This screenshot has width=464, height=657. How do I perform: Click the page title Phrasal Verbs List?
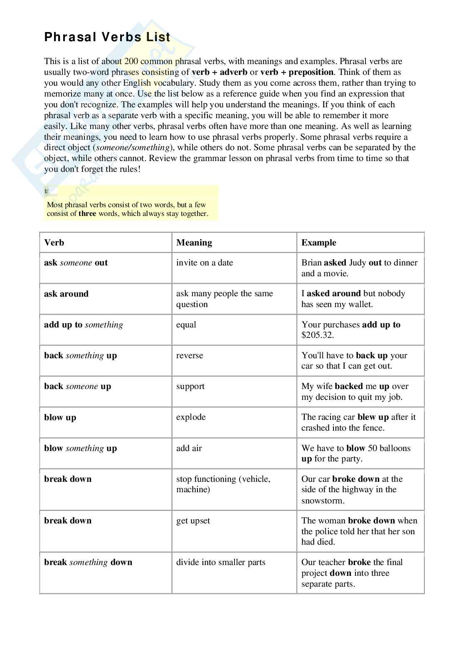click(x=107, y=37)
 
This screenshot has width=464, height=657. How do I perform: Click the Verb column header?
click(x=54, y=243)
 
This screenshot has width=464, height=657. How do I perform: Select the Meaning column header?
click(x=194, y=243)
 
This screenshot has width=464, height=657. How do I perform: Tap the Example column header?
click(x=318, y=243)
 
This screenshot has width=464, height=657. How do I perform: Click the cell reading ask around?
click(x=66, y=294)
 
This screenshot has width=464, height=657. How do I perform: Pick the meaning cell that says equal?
click(x=186, y=325)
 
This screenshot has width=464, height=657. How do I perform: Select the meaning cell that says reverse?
click(x=190, y=356)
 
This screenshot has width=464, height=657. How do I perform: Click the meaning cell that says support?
click(x=190, y=387)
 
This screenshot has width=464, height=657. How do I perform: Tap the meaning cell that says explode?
click(x=191, y=417)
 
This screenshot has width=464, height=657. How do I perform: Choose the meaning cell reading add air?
click(x=189, y=448)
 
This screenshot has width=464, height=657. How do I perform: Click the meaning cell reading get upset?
click(x=193, y=521)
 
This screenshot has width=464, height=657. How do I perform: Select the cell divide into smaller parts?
click(x=220, y=562)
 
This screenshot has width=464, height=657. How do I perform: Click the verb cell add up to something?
click(x=83, y=325)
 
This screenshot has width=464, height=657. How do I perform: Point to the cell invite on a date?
click(x=204, y=263)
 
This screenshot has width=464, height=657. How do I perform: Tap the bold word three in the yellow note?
click(x=87, y=214)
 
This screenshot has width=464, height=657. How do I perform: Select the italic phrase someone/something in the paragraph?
click(x=133, y=147)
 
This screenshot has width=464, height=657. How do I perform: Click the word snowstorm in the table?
click(x=323, y=501)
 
